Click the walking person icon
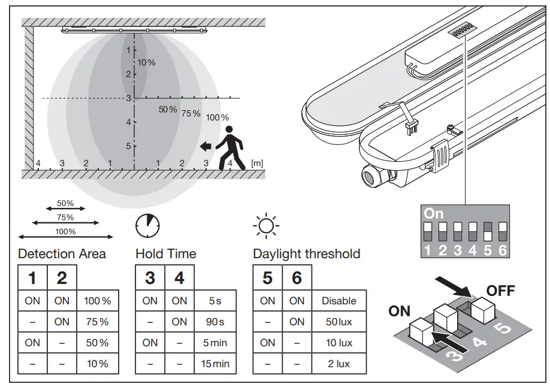click(230, 148)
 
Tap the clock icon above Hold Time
click(147, 226)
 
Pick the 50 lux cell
click(339, 322)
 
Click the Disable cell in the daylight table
click(339, 301)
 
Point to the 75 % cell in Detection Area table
click(97, 322)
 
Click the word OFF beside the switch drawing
click(500, 291)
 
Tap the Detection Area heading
click(62, 253)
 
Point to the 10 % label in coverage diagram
click(147, 63)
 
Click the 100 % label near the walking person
click(217, 117)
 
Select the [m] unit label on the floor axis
click(257, 163)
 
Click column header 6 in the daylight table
click(297, 278)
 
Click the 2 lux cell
click(339, 364)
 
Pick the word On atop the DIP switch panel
click(434, 213)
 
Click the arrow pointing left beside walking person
click(206, 145)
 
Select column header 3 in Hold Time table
click(150, 278)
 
